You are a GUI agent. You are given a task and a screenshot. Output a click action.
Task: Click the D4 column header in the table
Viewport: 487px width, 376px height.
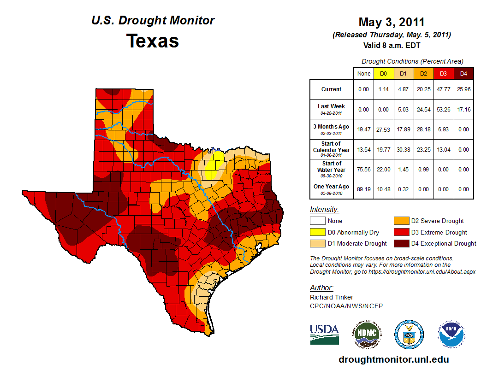click(463, 73)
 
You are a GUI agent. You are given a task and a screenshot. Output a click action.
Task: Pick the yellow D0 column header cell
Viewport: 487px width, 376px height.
click(383, 73)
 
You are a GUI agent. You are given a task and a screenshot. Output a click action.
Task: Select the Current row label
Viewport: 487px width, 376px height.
click(332, 89)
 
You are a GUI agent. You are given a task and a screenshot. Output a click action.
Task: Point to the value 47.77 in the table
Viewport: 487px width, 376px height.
click(443, 89)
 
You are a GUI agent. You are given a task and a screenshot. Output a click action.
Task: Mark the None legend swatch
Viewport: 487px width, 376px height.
click(318, 221)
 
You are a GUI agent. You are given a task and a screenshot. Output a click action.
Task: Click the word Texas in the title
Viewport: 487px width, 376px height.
click(153, 41)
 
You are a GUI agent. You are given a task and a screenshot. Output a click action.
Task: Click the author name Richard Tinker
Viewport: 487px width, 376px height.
click(332, 297)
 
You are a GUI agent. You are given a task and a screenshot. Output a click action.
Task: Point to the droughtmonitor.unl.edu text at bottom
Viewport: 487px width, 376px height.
click(393, 359)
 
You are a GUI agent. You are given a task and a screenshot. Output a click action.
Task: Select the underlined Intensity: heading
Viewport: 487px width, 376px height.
click(324, 210)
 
